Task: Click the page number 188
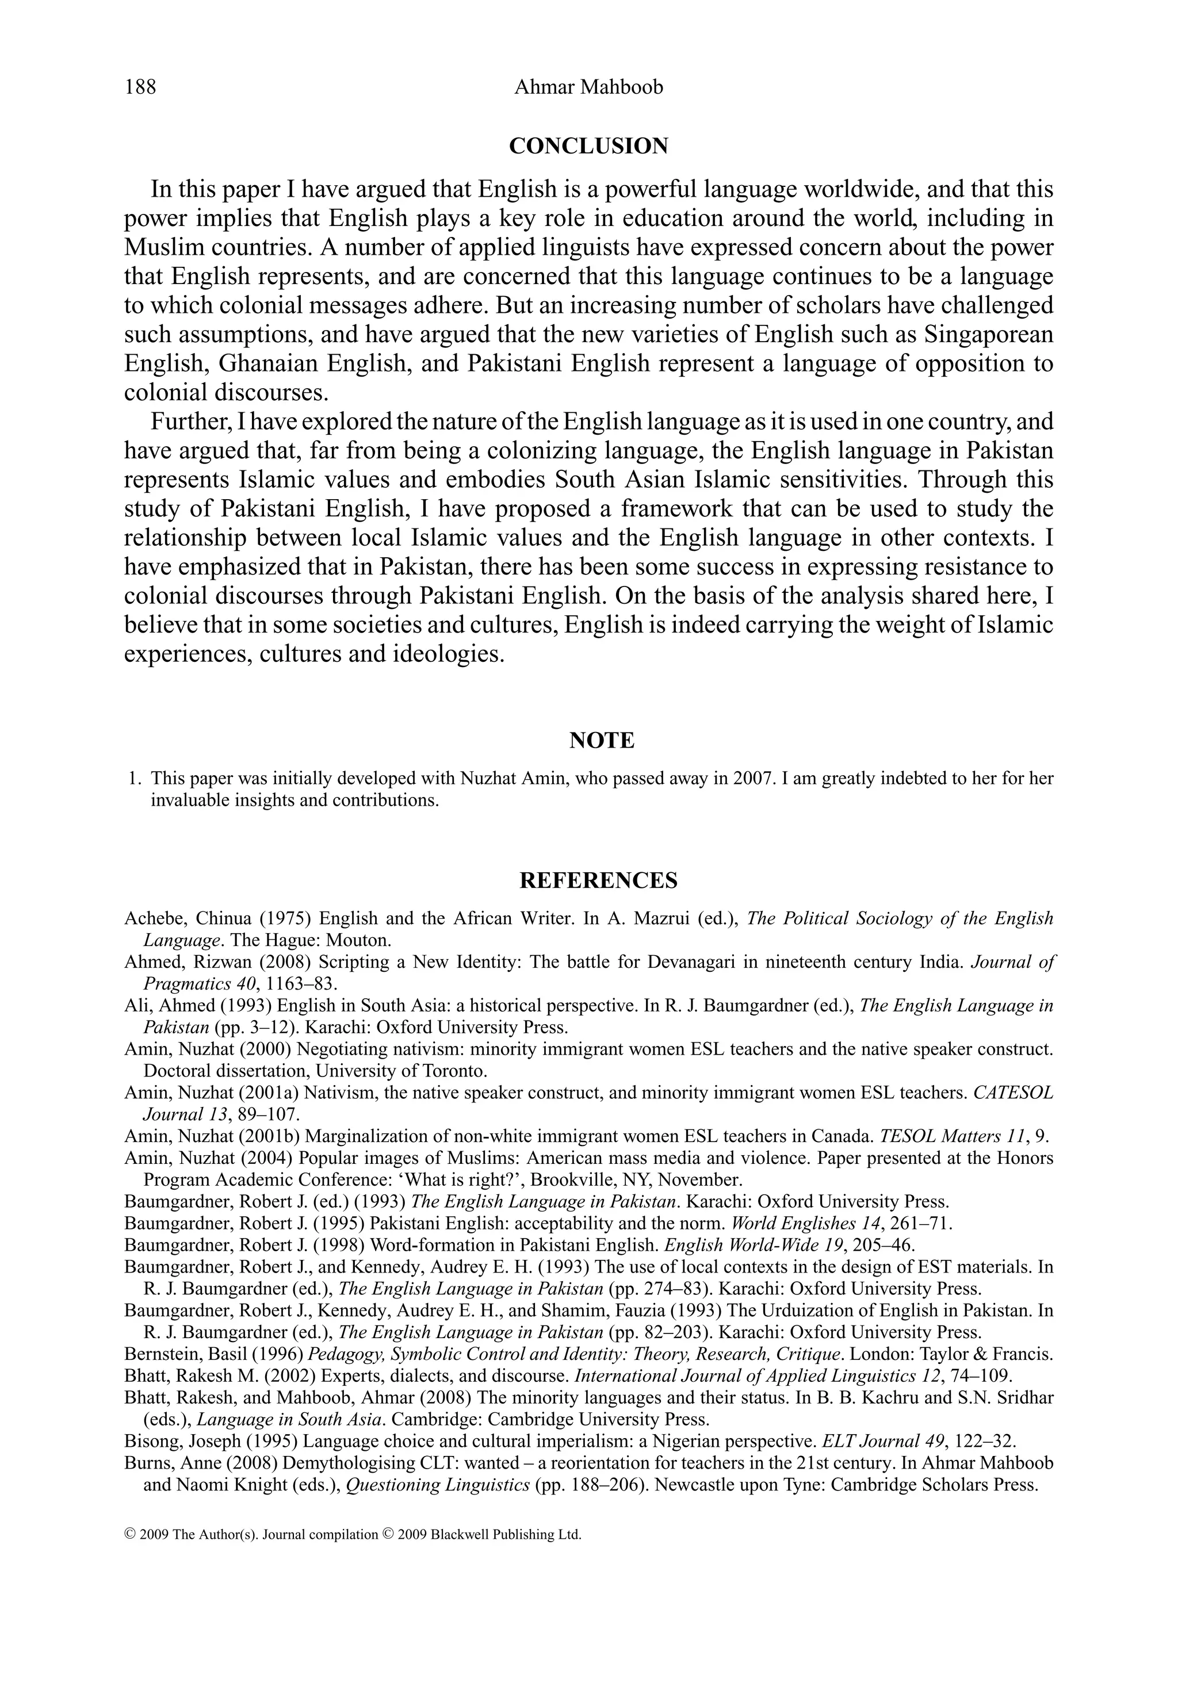tap(140, 87)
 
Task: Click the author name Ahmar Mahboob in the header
tap(588, 87)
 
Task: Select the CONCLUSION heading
tap(588, 146)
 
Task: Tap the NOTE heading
tap(602, 740)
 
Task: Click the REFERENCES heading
tap(599, 880)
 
